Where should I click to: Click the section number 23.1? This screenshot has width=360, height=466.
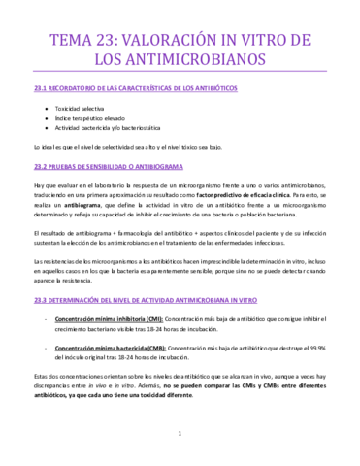(x=40, y=88)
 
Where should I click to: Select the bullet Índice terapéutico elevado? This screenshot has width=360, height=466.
(x=87, y=117)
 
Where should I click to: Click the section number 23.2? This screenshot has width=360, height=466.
(x=40, y=165)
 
